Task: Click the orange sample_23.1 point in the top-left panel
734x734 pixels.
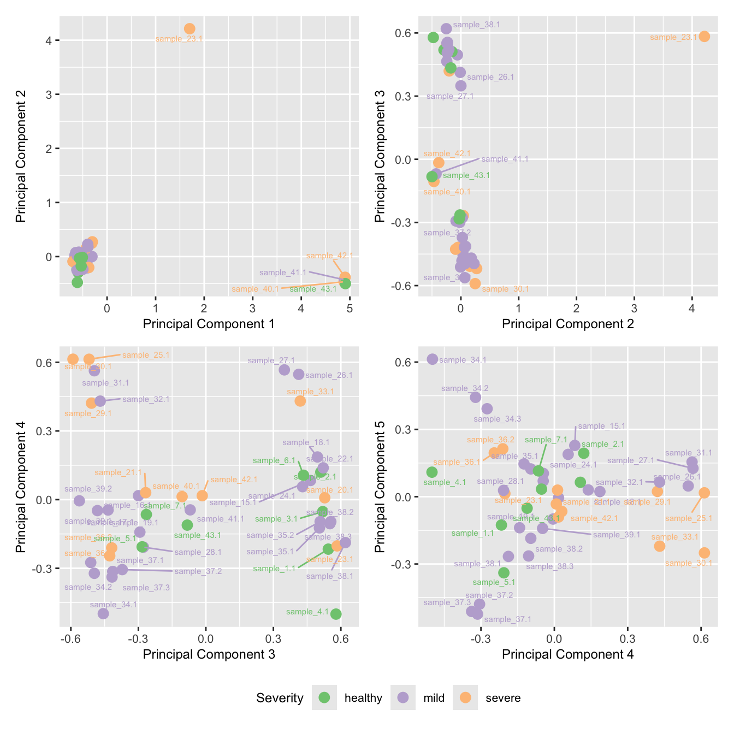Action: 190,29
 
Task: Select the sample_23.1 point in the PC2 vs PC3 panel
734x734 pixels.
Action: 705,37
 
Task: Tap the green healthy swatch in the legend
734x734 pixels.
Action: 324,697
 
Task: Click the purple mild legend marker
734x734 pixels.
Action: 403,697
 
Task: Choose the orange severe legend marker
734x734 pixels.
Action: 465,697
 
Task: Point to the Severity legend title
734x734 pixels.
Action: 280,698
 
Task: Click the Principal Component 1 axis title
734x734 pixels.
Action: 209,324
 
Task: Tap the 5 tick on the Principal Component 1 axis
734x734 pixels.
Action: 350,309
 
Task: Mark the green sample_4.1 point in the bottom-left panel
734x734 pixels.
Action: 336,614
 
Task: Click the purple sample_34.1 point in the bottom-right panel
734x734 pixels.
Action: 433,359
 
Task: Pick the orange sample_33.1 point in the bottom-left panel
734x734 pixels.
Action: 300,401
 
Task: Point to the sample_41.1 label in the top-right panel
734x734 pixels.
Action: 505,159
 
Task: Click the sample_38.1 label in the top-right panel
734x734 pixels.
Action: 476,25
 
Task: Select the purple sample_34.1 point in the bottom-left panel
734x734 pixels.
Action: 103,613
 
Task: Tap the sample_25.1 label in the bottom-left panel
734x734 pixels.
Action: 146,355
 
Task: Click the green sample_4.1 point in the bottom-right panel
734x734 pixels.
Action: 432,472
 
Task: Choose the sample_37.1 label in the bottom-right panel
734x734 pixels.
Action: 507,619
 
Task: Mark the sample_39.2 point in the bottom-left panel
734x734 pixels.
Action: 79,500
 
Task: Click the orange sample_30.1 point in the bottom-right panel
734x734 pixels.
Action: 705,553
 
